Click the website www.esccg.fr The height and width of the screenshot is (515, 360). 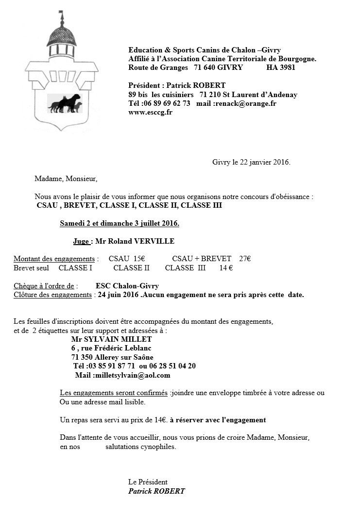tap(150, 112)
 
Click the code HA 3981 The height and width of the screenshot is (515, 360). tap(280, 67)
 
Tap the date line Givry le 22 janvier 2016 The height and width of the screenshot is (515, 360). tap(251, 162)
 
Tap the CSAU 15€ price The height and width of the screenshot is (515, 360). tap(127, 259)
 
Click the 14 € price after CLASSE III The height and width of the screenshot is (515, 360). tap(226, 267)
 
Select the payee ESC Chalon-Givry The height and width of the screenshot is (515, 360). tap(127, 286)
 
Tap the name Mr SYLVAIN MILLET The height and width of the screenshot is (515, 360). tap(111, 339)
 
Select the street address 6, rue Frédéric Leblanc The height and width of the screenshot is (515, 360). tap(111, 348)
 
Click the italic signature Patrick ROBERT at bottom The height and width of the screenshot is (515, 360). tap(156, 491)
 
